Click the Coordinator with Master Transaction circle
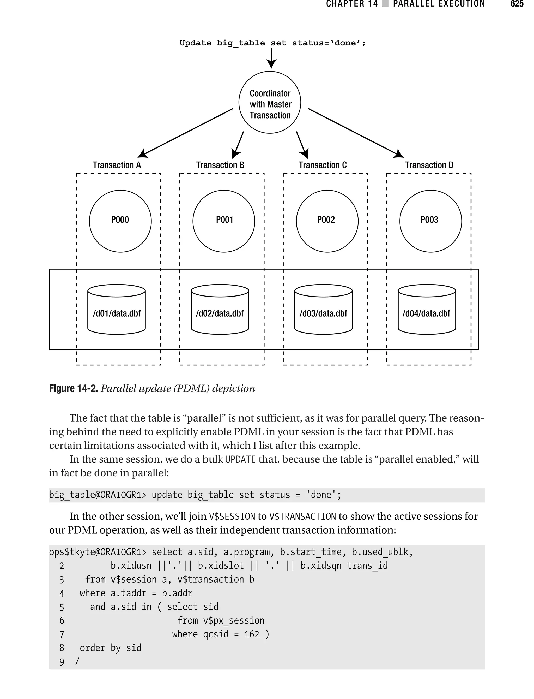pos(270,102)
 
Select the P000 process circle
pos(120,221)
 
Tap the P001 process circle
pos(224,221)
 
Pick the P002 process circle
pos(327,221)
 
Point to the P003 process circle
pos(431,221)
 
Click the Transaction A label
pos(117,165)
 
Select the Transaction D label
pos(429,165)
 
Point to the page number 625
pos(517,4)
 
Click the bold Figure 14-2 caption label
pos(74,388)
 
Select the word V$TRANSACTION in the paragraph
pos(302,516)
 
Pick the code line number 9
pos(62,662)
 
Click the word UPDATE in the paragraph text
pos(240,459)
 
